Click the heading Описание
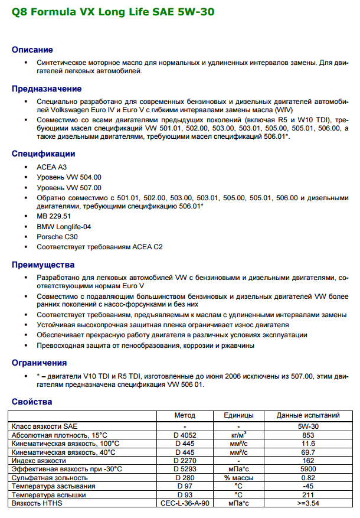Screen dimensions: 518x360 (32, 50)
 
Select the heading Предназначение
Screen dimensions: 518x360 (47, 89)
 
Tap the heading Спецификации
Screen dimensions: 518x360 (44, 154)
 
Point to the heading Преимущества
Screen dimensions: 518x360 (43, 264)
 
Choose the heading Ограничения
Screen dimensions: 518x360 (40, 362)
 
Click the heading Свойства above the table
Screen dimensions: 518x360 (32, 402)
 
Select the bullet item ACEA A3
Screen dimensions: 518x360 (51, 167)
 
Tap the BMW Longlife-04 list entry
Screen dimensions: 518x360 (64, 226)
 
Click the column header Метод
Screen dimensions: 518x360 (185, 415)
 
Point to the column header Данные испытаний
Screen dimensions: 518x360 (308, 415)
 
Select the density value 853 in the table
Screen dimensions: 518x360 (308, 435)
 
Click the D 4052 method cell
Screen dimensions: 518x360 (185, 435)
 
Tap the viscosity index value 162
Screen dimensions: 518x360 (308, 460)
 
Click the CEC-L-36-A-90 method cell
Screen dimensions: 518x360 (185, 503)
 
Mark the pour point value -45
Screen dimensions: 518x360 (308, 486)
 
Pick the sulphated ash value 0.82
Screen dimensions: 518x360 (308, 477)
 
